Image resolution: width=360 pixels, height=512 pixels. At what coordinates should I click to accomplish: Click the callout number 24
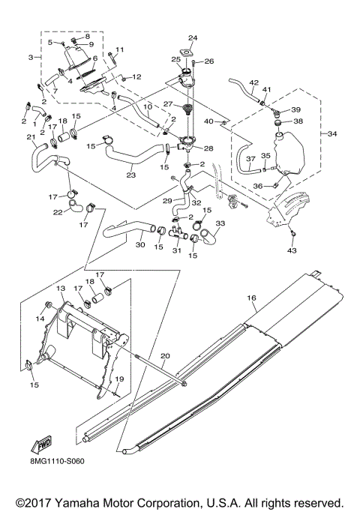(x=192, y=37)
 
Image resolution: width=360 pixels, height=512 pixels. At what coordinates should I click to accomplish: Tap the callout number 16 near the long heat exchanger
(x=253, y=298)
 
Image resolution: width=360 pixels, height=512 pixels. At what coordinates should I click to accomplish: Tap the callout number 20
(x=165, y=355)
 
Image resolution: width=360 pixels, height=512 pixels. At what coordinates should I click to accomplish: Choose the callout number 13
(x=61, y=289)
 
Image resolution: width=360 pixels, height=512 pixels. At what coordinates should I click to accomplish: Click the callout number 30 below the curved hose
(x=140, y=244)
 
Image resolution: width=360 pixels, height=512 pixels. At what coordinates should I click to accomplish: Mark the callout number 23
(x=130, y=176)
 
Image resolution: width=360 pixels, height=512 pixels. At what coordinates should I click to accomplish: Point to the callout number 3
(x=31, y=58)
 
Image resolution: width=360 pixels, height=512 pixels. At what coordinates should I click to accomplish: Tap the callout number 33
(x=220, y=223)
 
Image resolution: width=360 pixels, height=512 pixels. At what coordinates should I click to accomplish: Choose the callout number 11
(x=119, y=50)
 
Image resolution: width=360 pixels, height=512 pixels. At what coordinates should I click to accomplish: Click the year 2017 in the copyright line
(x=37, y=501)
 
